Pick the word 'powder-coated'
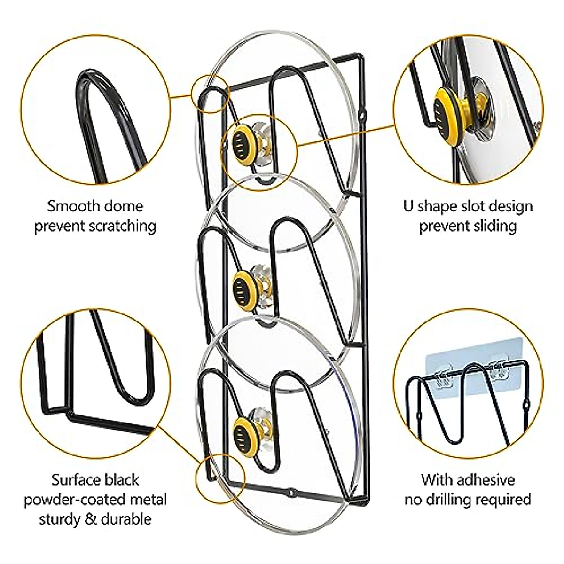[95, 499]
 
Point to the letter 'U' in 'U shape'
[408, 206]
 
